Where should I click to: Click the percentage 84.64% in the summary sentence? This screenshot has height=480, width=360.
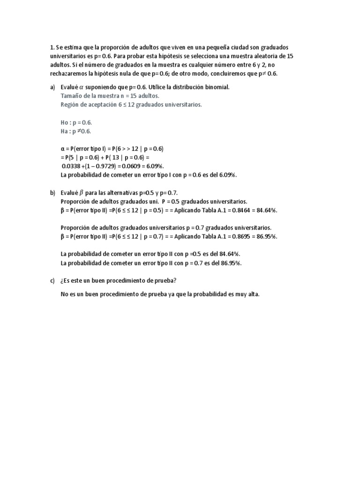(x=229, y=254)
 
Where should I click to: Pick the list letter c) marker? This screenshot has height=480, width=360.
(x=52, y=280)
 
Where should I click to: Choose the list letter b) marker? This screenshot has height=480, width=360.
(x=52, y=193)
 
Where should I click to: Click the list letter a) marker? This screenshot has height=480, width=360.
(x=52, y=88)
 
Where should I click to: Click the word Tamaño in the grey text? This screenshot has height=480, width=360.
(x=71, y=96)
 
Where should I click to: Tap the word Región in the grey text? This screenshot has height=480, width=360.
(x=70, y=105)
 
